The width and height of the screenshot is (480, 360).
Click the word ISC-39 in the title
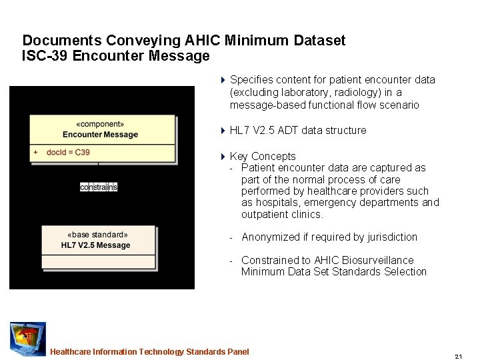[45, 56]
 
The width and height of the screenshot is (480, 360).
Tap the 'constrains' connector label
[99, 187]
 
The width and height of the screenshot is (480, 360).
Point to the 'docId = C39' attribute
[68, 153]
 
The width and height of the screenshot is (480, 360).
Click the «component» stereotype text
[100, 124]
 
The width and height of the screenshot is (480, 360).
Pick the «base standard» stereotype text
[97, 235]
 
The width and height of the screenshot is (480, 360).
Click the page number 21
[459, 357]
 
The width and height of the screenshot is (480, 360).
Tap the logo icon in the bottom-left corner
[27, 339]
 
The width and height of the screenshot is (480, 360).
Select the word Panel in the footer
[237, 352]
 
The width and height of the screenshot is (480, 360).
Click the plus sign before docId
[35, 153]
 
